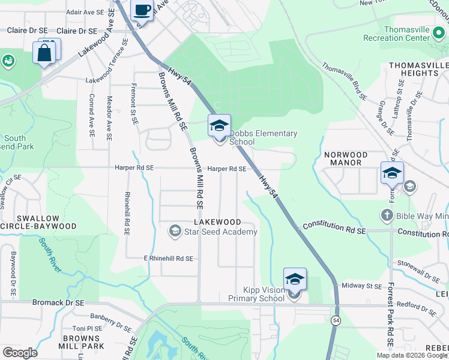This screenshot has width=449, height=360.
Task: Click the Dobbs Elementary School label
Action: pos(263,137)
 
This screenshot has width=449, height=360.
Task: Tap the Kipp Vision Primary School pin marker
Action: pos(294,281)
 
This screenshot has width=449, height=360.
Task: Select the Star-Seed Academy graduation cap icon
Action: pos(175,231)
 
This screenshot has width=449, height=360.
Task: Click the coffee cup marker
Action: pos(142,10)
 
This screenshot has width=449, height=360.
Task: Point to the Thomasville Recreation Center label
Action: pos(415,34)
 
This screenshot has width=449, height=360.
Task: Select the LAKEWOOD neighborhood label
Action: pos(217,222)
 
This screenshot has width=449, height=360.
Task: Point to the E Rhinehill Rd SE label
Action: pos(169,259)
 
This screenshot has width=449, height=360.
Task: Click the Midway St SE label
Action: pos(362,287)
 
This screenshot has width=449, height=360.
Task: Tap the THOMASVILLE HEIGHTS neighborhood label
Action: pos(418,69)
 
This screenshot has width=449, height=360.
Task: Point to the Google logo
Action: pos(20,353)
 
